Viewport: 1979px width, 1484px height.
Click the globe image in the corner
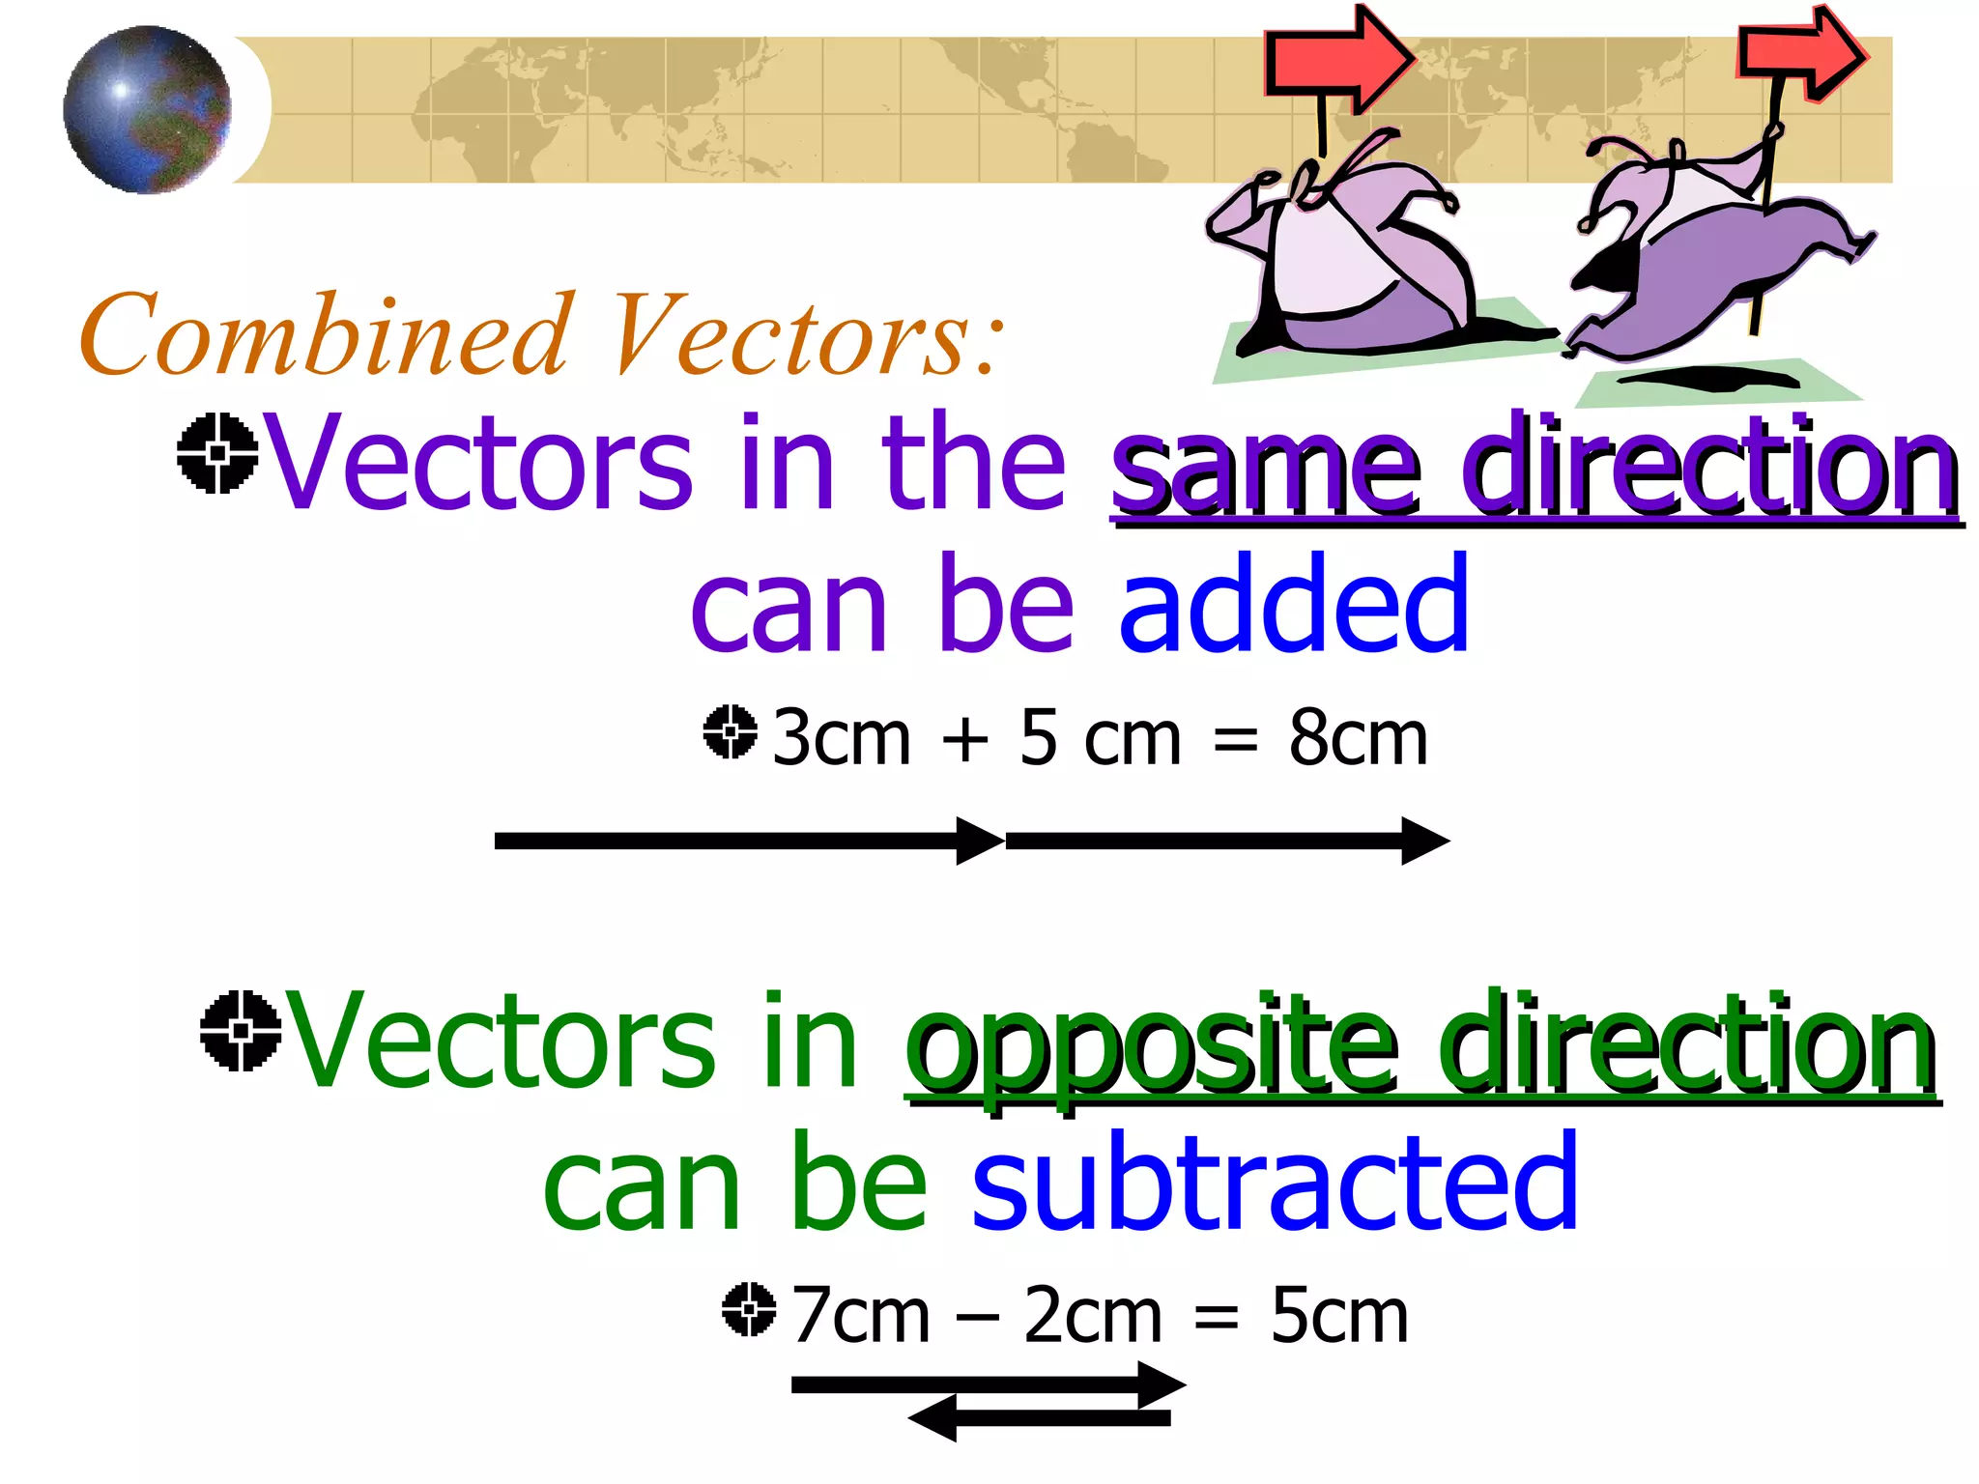(x=147, y=109)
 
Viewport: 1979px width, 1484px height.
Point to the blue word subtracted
(x=1275, y=1184)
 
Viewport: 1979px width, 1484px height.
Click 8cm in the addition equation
(x=1358, y=739)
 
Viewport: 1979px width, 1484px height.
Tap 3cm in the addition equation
(x=842, y=739)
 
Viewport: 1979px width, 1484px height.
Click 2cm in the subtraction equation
(x=1092, y=1317)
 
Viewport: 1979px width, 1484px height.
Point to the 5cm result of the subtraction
(x=1339, y=1317)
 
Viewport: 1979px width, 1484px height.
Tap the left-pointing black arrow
(x=1039, y=1418)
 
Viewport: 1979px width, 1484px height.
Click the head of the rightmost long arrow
(x=1424, y=841)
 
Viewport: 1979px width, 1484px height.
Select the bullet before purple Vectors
(x=217, y=453)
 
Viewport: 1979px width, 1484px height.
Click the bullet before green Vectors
(x=240, y=1031)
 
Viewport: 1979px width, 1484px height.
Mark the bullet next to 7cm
(x=749, y=1310)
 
